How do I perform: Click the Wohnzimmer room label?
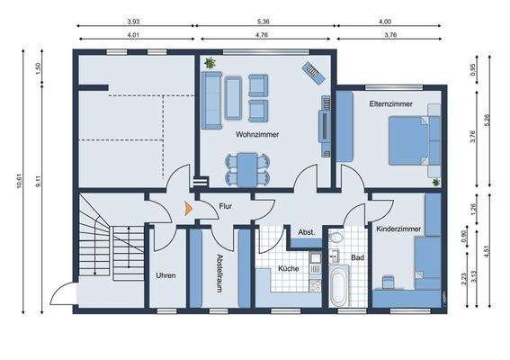[257, 134]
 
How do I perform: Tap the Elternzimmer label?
[390, 104]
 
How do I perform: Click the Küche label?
[288, 269]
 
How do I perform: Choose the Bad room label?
[357, 257]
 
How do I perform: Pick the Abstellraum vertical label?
[219, 274]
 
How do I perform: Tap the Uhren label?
[165, 275]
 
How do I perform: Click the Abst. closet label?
[306, 233]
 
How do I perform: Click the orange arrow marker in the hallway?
[188, 208]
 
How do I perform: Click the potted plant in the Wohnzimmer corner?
[210, 64]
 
